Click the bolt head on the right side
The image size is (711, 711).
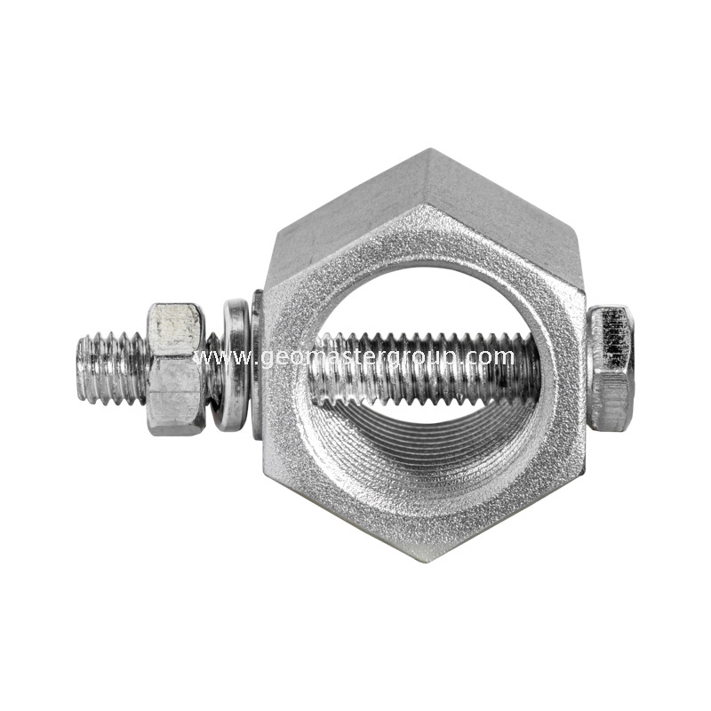[x=611, y=367]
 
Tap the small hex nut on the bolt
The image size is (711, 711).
[x=176, y=368]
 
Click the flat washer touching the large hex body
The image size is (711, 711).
[x=257, y=364]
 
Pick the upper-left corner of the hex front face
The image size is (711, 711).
[x=266, y=293]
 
